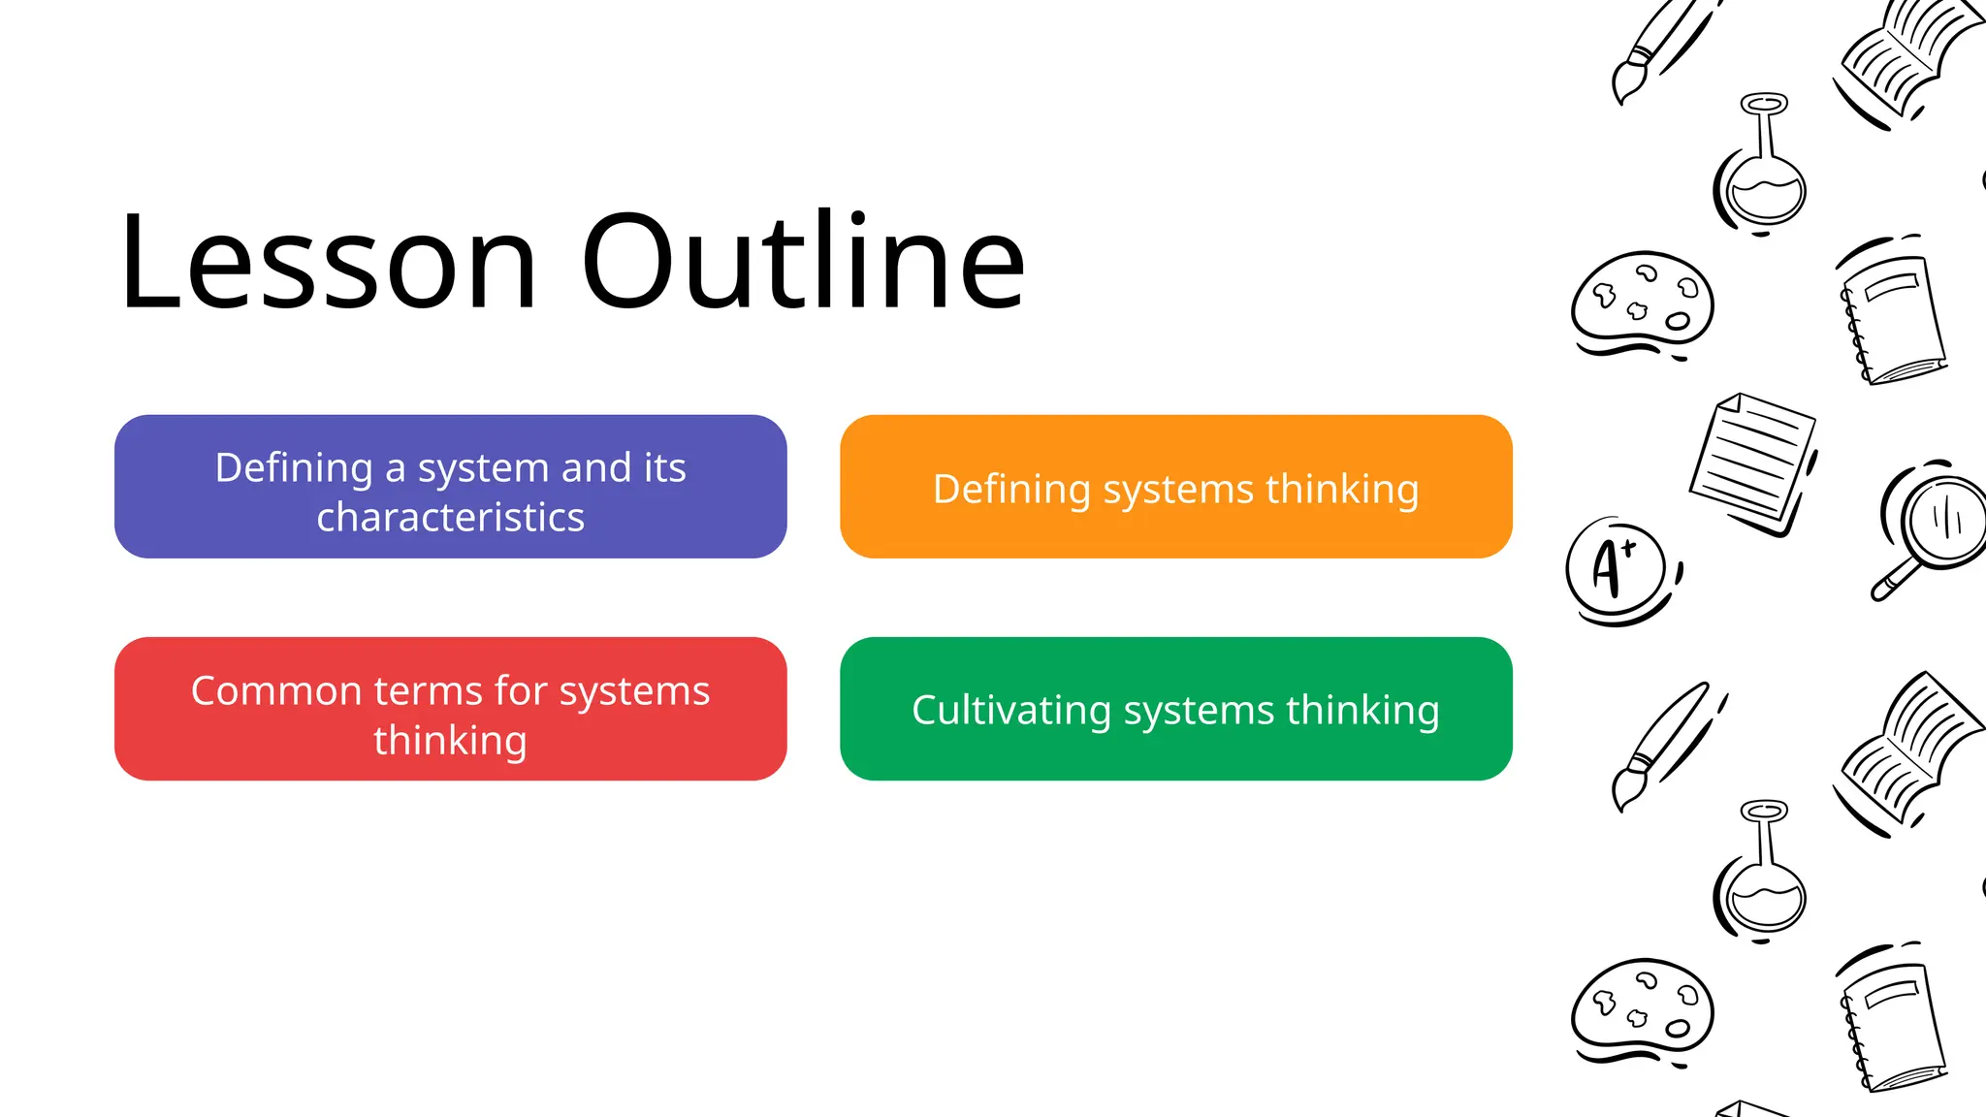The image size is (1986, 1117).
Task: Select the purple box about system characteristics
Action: coord(450,487)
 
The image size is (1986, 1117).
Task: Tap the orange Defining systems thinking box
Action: coord(1175,487)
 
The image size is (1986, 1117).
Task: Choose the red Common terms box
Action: coord(450,709)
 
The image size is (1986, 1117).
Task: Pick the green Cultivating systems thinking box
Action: coord(1175,709)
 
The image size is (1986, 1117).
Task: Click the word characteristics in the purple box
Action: coord(450,518)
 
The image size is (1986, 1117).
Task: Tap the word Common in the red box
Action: coord(276,691)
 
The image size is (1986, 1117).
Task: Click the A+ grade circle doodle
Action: coord(1616,568)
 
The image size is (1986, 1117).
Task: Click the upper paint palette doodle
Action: coord(1642,303)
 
